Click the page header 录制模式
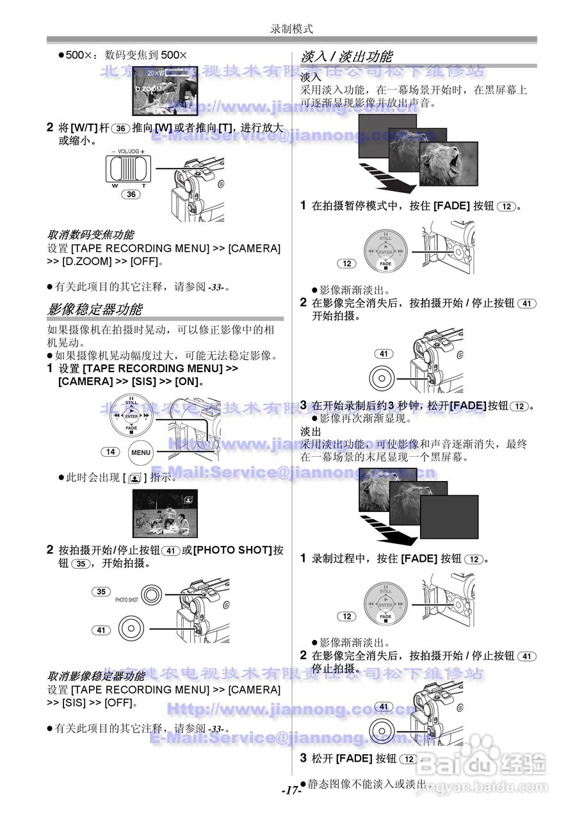(x=291, y=29)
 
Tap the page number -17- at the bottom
(x=291, y=790)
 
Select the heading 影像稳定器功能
(x=95, y=309)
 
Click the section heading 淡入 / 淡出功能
(x=346, y=57)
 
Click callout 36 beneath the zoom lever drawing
(x=131, y=194)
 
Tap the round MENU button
(x=141, y=452)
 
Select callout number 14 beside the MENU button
(x=110, y=452)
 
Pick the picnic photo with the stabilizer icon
(x=165, y=513)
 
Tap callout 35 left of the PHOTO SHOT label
(x=101, y=591)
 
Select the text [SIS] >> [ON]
(x=160, y=382)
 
